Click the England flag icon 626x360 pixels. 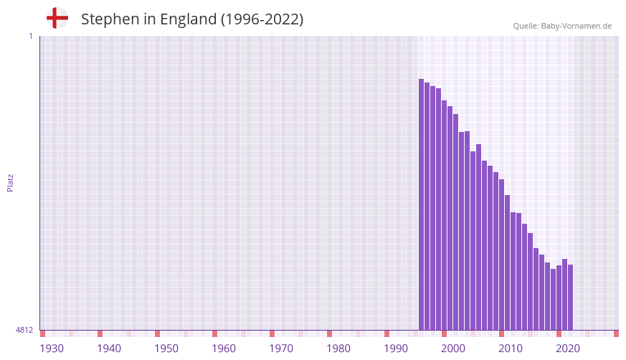click(x=57, y=18)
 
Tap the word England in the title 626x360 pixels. click(x=188, y=19)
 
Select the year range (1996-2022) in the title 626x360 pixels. click(x=262, y=19)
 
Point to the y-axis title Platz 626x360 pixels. click(x=10, y=183)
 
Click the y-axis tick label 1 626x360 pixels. click(x=30, y=36)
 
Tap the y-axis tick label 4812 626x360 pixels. click(x=24, y=330)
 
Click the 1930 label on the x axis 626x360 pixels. click(x=52, y=349)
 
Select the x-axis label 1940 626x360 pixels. click(x=109, y=349)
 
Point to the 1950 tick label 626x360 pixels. click(x=166, y=349)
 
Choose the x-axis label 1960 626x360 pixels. click(x=224, y=349)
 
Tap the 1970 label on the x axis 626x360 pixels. click(x=281, y=349)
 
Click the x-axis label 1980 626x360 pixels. click(x=338, y=349)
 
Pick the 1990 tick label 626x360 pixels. click(x=396, y=349)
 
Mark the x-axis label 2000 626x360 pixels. click(x=453, y=349)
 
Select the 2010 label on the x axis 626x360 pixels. click(x=511, y=349)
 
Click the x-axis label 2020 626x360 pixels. click(x=568, y=349)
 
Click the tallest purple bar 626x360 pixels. click(x=422, y=204)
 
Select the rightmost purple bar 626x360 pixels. click(x=571, y=298)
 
